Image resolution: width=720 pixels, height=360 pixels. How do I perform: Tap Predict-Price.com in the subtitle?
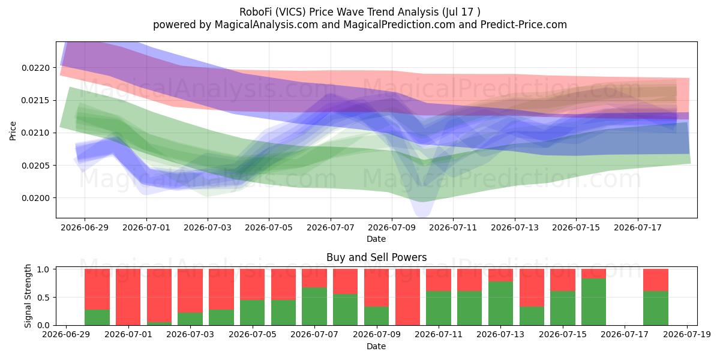click(x=524, y=25)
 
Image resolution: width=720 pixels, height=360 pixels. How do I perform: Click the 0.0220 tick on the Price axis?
click(x=35, y=68)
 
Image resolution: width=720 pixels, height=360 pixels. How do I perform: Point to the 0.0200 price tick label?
click(x=35, y=198)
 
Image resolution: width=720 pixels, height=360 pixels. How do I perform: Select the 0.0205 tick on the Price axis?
click(x=35, y=166)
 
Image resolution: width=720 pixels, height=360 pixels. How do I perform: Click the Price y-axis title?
click(x=13, y=131)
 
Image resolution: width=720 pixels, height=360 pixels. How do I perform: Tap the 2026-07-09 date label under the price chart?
click(x=391, y=227)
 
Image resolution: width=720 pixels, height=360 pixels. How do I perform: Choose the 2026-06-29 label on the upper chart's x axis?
click(x=85, y=227)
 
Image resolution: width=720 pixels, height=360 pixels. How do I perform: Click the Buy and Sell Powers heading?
click(x=376, y=257)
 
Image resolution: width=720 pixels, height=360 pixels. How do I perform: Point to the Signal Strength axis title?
click(x=28, y=296)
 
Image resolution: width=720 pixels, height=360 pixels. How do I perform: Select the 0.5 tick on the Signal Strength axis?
click(x=43, y=298)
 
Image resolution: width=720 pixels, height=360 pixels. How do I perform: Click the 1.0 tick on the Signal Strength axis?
click(x=43, y=269)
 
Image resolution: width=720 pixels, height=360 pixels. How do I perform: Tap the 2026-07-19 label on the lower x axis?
click(x=687, y=335)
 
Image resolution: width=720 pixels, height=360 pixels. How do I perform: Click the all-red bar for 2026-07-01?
click(x=128, y=297)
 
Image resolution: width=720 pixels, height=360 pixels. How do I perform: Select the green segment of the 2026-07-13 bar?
click(x=500, y=304)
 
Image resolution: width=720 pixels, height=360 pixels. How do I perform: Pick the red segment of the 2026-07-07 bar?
click(x=314, y=278)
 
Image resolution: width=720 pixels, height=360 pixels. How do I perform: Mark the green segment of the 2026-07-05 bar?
click(x=252, y=313)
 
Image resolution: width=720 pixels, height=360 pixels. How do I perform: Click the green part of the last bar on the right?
click(x=656, y=308)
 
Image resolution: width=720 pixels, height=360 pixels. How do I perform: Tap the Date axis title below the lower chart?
click(x=376, y=346)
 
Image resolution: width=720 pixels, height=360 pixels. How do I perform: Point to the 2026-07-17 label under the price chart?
click(x=637, y=227)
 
